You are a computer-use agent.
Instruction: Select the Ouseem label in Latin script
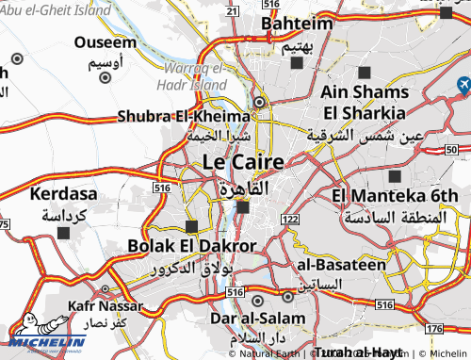(106, 42)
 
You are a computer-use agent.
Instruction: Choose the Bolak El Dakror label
(191, 246)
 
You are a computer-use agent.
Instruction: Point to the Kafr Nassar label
(106, 306)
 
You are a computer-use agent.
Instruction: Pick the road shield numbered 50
(451, 150)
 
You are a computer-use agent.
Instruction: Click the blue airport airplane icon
(463, 86)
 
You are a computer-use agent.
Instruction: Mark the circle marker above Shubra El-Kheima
(261, 103)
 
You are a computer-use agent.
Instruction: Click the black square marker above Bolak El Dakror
(192, 226)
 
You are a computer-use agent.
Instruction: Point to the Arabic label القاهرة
(239, 188)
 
